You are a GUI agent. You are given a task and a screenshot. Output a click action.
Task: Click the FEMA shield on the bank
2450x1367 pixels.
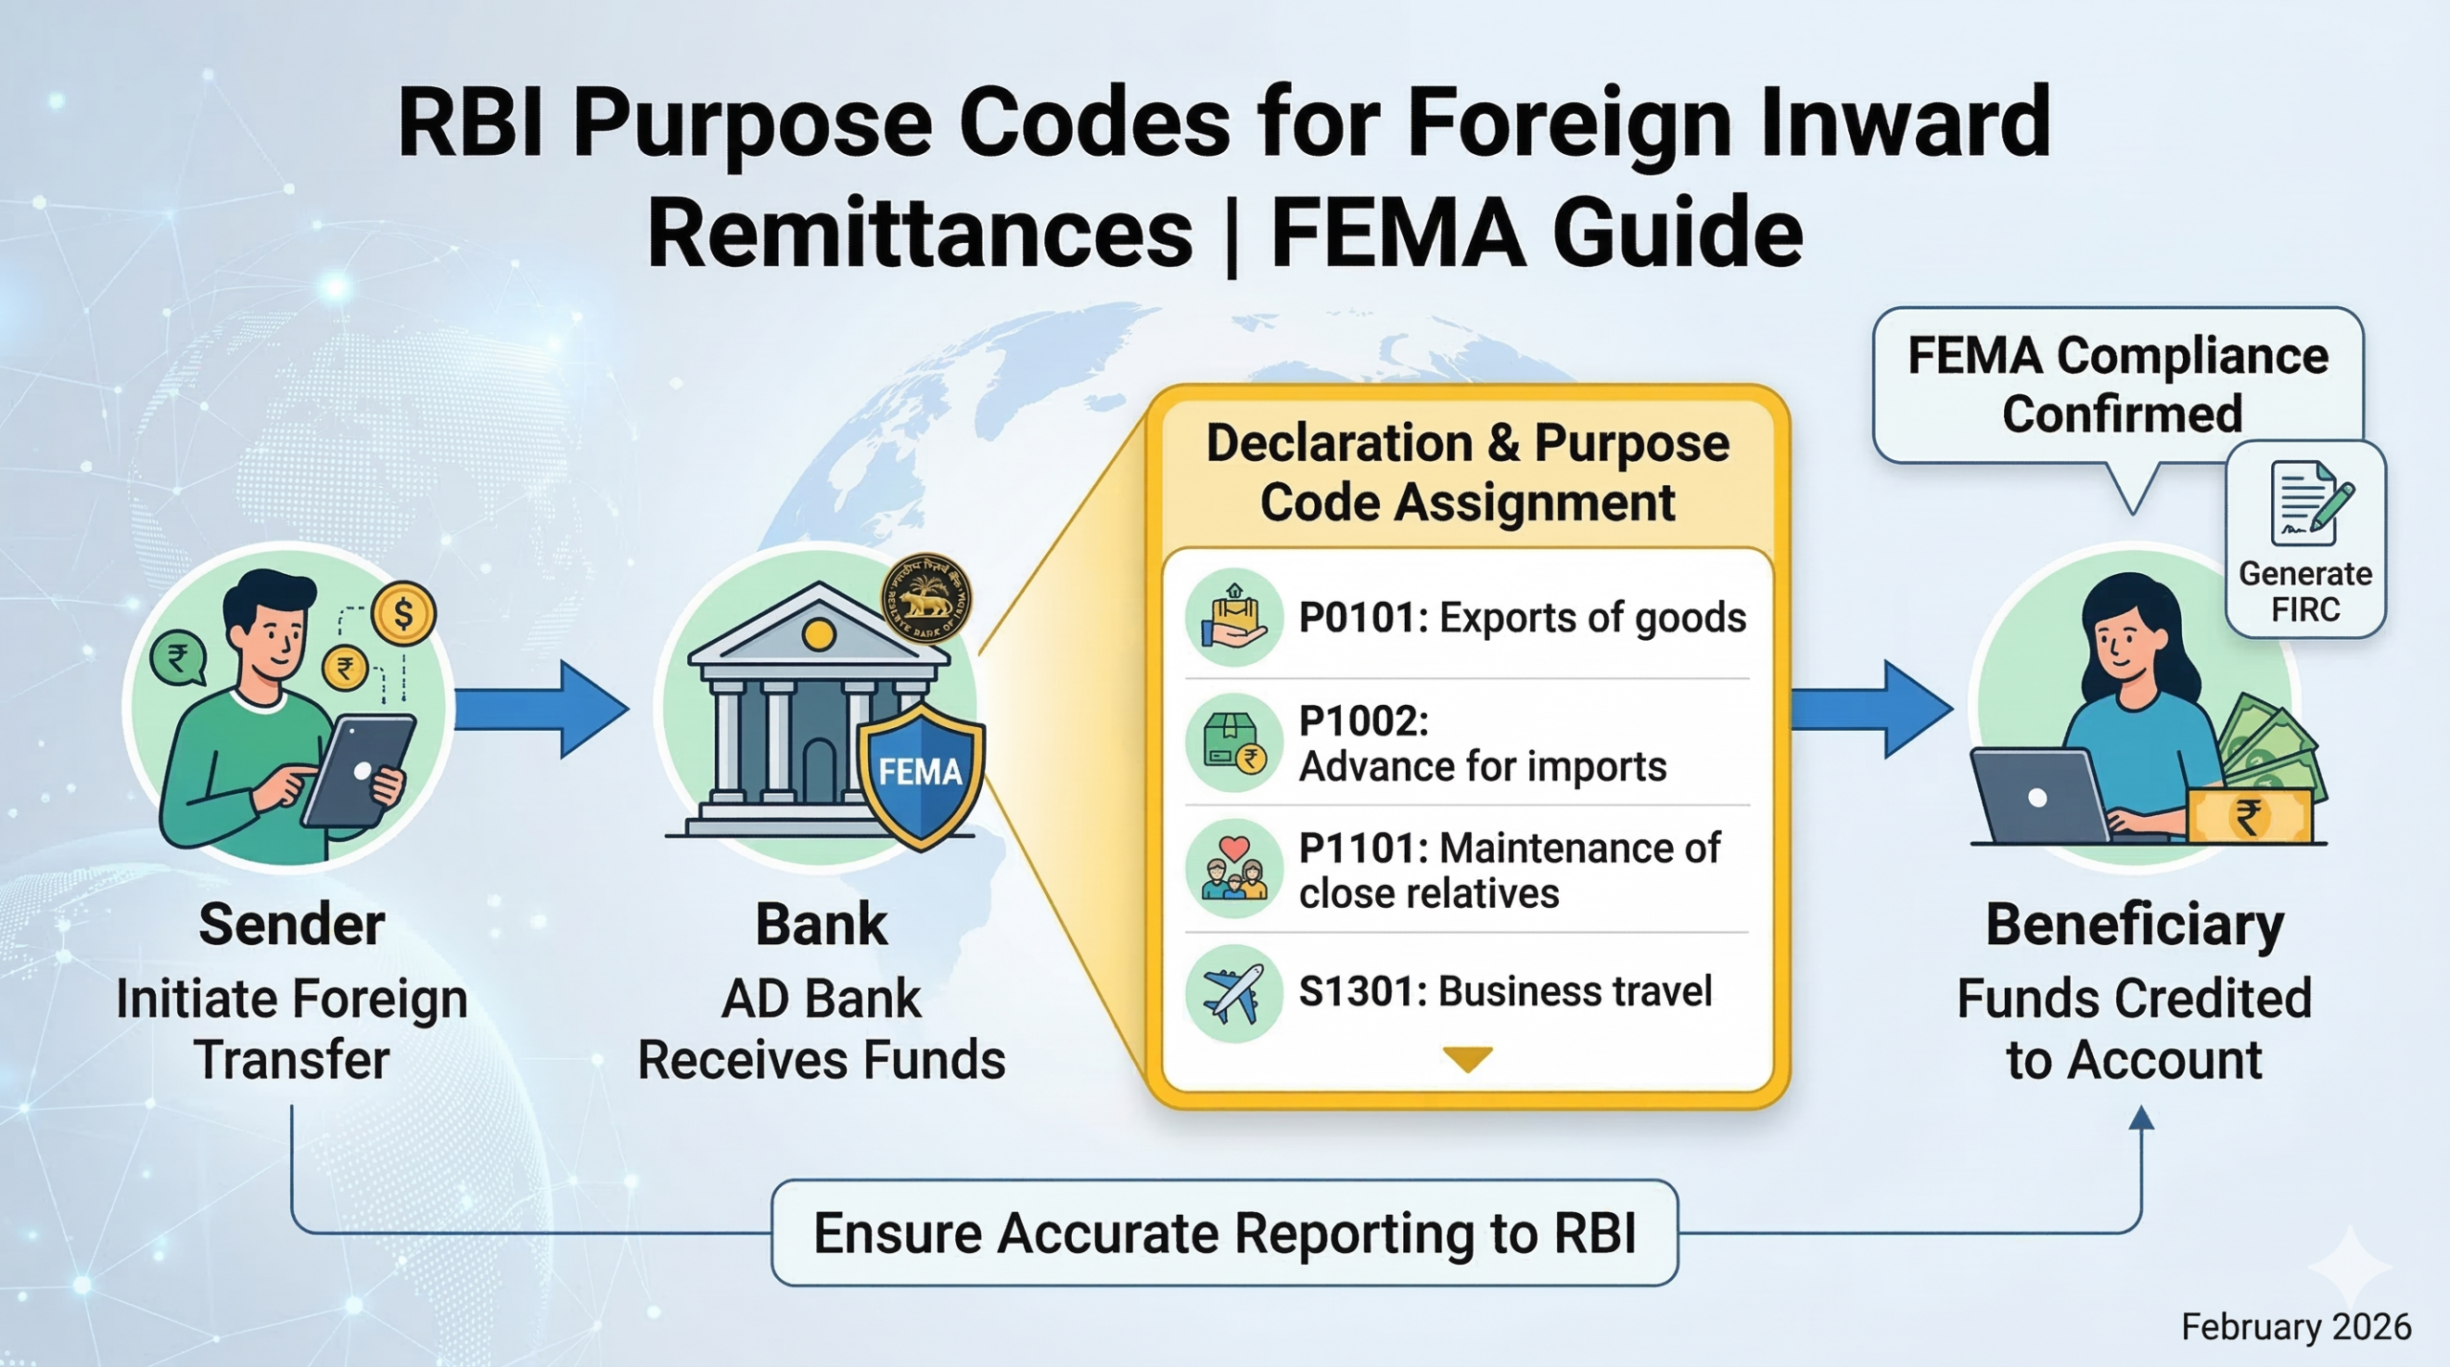click(x=921, y=775)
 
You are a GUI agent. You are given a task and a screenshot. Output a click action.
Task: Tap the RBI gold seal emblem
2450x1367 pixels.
click(x=924, y=599)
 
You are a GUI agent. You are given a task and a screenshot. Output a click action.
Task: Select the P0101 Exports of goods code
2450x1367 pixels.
click(x=1521, y=618)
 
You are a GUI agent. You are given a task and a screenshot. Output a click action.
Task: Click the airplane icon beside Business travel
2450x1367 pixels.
click(x=1233, y=993)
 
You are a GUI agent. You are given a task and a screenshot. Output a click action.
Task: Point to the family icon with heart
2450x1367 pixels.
click(x=1233, y=869)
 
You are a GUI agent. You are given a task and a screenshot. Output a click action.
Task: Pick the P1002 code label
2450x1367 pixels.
click(x=1363, y=721)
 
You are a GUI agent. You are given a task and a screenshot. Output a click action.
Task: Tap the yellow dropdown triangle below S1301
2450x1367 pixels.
click(x=1467, y=1058)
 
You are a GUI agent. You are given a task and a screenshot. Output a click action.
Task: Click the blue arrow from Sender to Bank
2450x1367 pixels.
click(x=542, y=709)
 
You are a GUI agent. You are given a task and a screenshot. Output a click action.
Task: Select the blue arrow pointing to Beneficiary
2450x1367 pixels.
click(x=1871, y=709)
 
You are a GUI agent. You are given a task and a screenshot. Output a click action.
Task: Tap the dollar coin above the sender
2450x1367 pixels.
click(x=404, y=613)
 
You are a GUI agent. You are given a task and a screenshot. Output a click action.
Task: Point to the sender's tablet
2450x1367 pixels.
click(x=360, y=770)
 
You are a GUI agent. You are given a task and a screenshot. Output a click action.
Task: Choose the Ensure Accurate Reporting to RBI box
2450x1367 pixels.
click(x=1224, y=1232)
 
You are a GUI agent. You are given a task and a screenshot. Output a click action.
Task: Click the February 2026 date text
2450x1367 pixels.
click(x=2295, y=1327)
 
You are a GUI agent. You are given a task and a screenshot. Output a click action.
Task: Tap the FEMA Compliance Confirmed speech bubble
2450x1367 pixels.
click(x=2117, y=386)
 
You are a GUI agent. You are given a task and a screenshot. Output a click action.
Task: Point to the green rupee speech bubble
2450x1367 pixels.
click(x=178, y=658)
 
